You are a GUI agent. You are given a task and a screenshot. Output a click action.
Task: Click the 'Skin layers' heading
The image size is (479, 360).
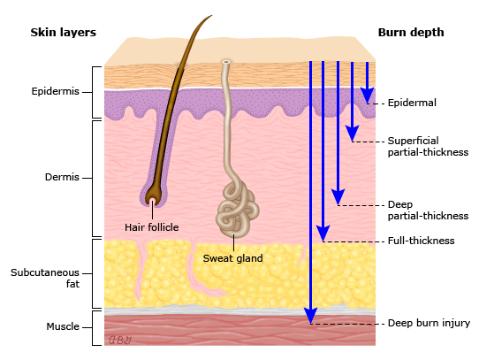coord(64,33)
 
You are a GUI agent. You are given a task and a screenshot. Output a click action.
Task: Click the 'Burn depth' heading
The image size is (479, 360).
coord(411,33)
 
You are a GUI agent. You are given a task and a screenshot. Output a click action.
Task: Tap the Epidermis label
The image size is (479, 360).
coord(56,91)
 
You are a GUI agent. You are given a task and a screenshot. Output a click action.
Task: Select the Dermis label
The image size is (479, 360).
coord(62,177)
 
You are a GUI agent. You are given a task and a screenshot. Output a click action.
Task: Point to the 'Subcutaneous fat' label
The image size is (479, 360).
coord(45,278)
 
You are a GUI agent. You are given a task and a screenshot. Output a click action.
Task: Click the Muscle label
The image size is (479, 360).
coord(63,326)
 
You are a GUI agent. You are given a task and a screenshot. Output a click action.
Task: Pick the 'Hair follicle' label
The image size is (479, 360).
coord(151,227)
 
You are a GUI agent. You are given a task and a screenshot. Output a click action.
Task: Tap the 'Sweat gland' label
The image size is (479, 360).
coord(232,258)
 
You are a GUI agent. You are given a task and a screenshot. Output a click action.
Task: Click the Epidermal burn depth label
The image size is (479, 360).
coord(412,103)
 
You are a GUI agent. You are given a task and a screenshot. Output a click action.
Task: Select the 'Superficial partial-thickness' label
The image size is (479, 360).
coord(428,147)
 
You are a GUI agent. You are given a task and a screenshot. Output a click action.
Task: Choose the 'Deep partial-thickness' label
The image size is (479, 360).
coord(428,211)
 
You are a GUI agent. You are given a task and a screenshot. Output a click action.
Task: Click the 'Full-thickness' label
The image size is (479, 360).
coord(421,241)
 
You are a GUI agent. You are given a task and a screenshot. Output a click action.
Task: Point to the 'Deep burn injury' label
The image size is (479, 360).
coord(429,324)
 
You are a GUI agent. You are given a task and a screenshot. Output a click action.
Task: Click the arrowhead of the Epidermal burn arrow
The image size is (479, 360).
coord(367,96)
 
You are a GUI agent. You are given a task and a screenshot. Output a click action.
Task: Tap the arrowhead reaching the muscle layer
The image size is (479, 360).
coord(311,316)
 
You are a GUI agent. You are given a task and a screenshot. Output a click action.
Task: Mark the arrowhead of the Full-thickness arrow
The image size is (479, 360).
coord(323,233)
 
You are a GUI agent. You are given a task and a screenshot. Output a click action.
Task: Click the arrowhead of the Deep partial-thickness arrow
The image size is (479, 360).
coord(338,196)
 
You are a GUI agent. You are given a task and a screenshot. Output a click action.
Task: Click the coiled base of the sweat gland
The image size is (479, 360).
coord(238,210)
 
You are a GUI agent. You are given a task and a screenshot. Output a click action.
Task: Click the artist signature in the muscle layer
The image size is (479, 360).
coord(120,340)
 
